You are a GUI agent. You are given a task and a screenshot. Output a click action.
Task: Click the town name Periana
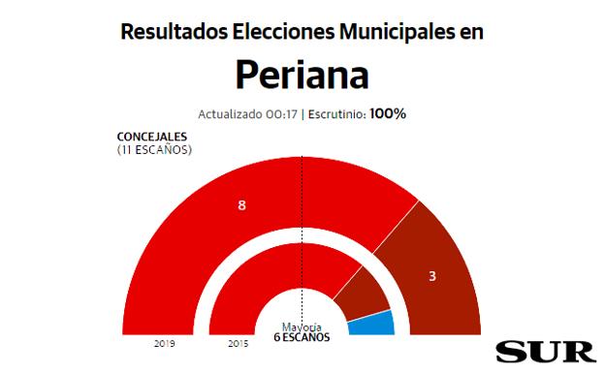point(302,75)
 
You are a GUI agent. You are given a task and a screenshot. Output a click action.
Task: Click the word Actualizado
point(230,114)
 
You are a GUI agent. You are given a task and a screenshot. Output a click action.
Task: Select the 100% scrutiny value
point(387,114)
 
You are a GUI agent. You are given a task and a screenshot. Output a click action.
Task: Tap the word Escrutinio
point(335,114)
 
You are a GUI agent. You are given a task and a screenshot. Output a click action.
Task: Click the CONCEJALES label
point(155,137)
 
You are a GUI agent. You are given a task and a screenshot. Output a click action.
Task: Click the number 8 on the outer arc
point(241,205)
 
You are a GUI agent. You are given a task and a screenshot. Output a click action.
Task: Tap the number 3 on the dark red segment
point(432,276)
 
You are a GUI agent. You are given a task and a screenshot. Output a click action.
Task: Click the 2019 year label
point(164,344)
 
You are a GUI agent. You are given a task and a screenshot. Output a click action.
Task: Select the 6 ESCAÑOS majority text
point(302,337)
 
